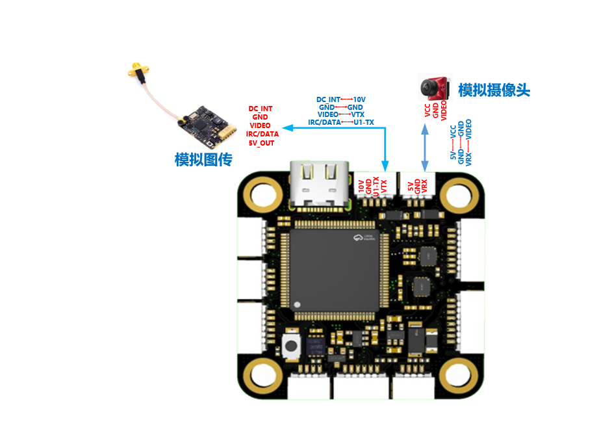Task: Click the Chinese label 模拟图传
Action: pos(203,160)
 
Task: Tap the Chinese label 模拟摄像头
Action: pos(494,90)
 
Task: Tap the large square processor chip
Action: pos(333,269)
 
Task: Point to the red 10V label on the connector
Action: pos(361,188)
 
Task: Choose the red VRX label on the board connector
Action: pos(425,187)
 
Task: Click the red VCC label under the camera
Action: pos(427,111)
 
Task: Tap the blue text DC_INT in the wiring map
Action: pos(328,100)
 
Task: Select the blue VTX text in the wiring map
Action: pos(357,114)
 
